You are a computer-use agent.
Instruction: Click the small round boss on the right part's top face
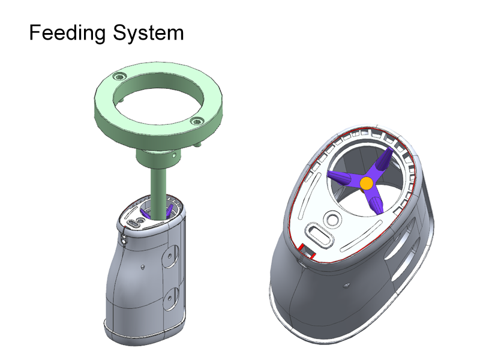pyautogui.click(x=331, y=217)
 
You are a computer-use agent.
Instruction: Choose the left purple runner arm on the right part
pyautogui.click(x=344, y=178)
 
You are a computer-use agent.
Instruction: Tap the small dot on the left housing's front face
pyautogui.click(x=143, y=265)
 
